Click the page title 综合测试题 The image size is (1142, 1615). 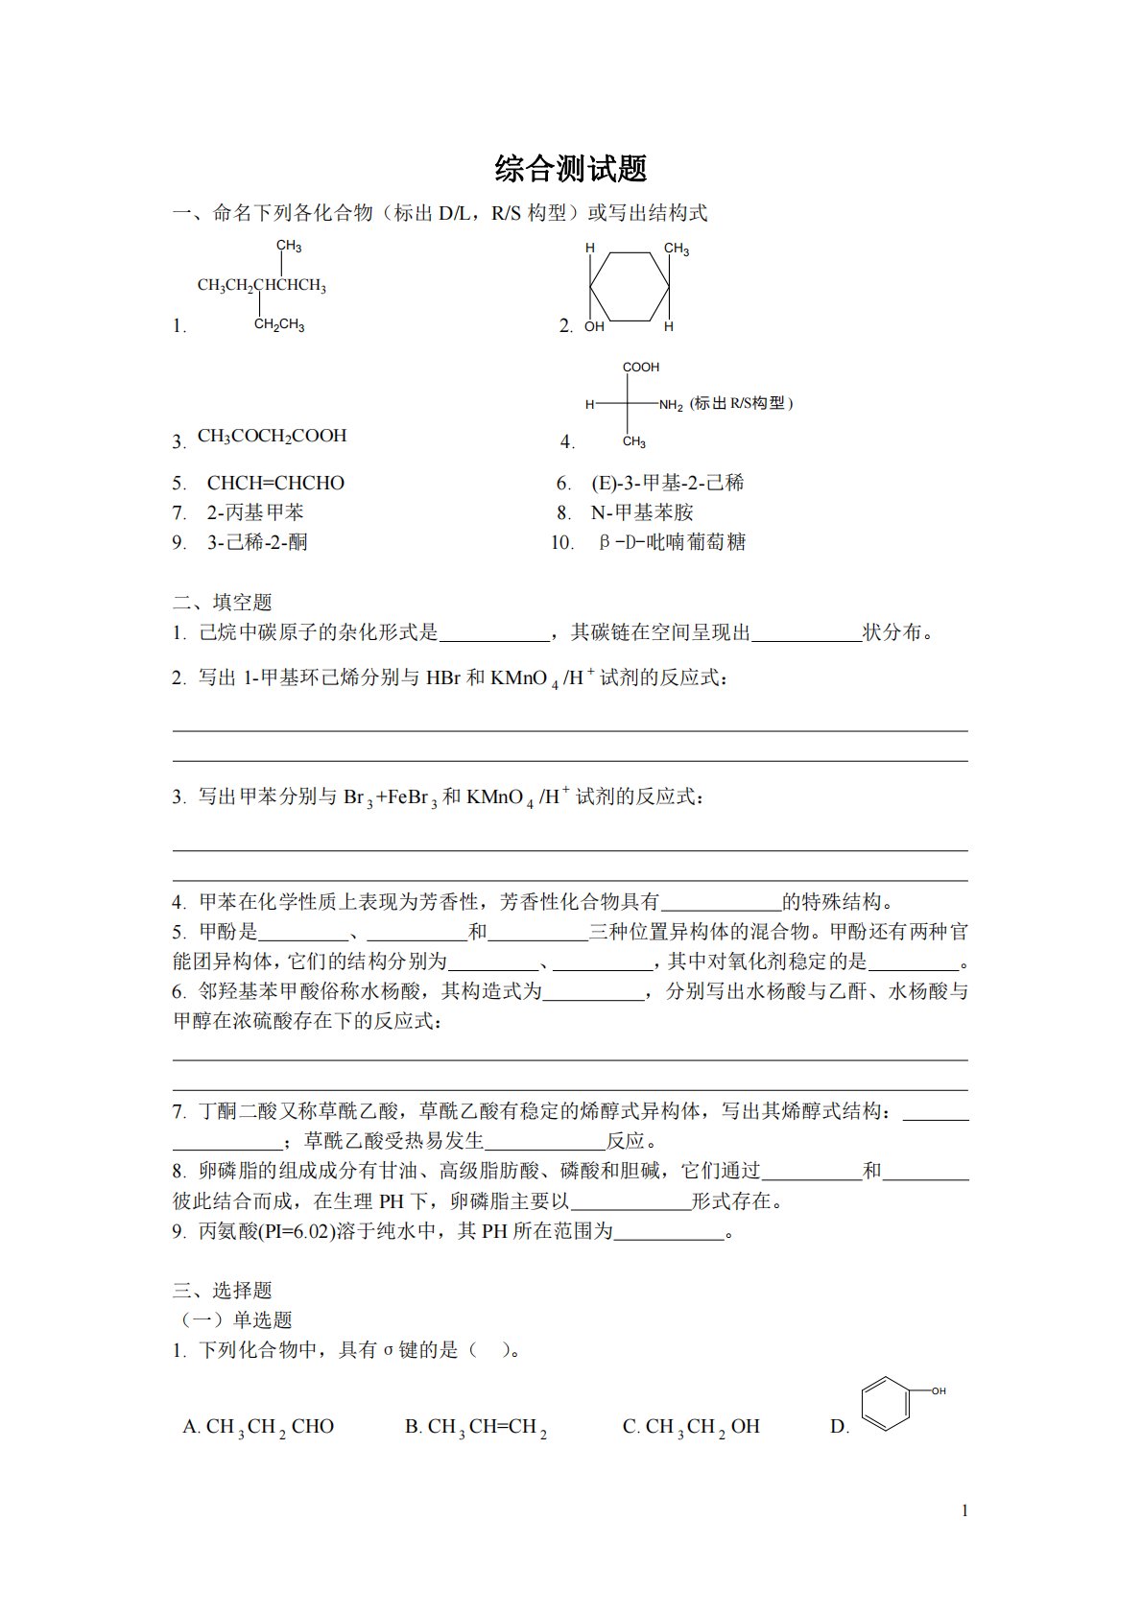[x=571, y=169]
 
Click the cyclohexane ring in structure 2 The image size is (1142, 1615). [x=630, y=286]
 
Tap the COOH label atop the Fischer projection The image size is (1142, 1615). [x=641, y=368]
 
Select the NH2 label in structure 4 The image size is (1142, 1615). [x=671, y=406]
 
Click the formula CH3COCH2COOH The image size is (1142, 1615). [x=272, y=436]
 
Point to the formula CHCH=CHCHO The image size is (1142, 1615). [x=275, y=483]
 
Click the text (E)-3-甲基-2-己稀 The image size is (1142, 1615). [x=667, y=483]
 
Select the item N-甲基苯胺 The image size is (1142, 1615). [x=641, y=512]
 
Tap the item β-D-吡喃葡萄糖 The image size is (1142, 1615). [x=672, y=542]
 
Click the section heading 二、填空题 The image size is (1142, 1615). [x=223, y=602]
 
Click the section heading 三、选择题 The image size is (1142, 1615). [x=223, y=1290]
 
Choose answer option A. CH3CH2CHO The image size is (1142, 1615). [x=258, y=1427]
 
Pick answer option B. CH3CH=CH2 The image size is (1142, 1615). [x=475, y=1427]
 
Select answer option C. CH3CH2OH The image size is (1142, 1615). [x=691, y=1427]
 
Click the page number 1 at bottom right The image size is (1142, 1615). [x=964, y=1510]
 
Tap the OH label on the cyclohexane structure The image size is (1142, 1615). [x=595, y=326]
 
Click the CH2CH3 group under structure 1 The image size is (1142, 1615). [x=279, y=325]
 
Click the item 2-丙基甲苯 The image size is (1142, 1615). [x=255, y=512]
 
